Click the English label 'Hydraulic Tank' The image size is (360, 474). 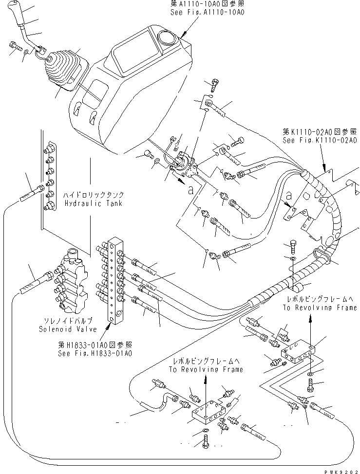tap(92, 203)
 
